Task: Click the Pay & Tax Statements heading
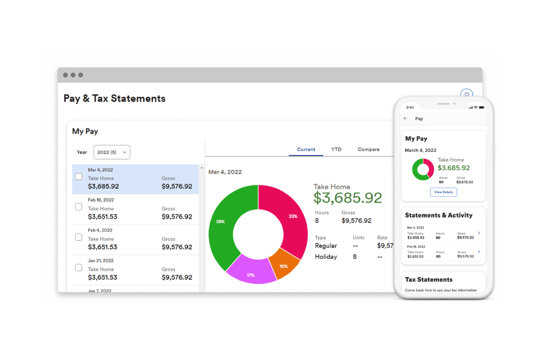(x=114, y=98)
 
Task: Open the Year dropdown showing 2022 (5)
(x=112, y=152)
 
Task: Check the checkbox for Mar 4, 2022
(x=78, y=177)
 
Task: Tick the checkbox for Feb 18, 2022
(x=78, y=207)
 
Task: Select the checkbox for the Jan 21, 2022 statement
(x=78, y=268)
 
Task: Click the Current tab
(x=306, y=150)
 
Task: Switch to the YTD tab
(x=336, y=150)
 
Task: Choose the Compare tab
(x=368, y=150)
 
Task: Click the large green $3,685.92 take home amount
(x=348, y=198)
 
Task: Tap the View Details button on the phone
(x=443, y=192)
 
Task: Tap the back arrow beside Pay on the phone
(x=406, y=119)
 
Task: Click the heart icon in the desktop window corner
(x=467, y=94)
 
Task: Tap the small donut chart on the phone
(x=423, y=169)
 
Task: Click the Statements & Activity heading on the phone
(x=438, y=215)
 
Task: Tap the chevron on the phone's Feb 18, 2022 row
(x=479, y=252)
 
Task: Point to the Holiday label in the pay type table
(x=326, y=257)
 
